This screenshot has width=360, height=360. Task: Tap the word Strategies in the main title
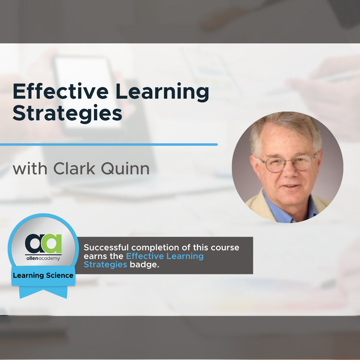[67, 114]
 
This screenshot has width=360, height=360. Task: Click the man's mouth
[290, 186]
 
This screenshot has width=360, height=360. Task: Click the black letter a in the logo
[33, 242]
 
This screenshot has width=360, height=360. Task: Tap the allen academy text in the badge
[43, 257]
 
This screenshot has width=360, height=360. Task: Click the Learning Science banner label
[43, 277]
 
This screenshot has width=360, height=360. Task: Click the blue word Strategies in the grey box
[105, 264]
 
